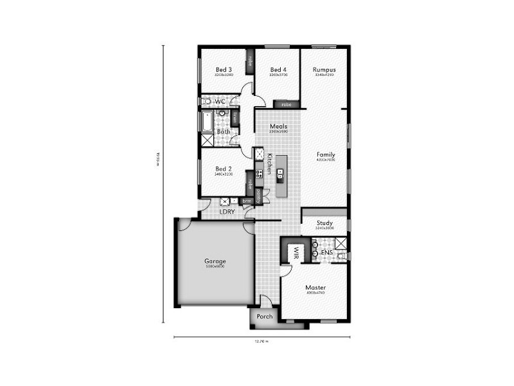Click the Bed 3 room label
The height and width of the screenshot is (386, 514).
[x=224, y=69]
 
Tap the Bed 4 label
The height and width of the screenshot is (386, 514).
[x=278, y=69]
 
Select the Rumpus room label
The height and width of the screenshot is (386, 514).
[x=324, y=69]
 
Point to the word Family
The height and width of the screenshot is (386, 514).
[x=326, y=154]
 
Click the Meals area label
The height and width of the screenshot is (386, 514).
[x=278, y=126]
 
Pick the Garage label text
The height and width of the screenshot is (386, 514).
[x=215, y=261]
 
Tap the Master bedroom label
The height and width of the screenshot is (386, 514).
[x=315, y=288]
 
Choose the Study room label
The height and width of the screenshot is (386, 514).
[x=324, y=223]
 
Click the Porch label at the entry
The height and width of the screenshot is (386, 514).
[x=264, y=316]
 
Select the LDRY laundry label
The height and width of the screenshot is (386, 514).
[x=227, y=211]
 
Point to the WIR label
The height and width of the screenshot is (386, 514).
[x=297, y=252]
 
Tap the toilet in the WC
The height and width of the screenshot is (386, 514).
[x=206, y=102]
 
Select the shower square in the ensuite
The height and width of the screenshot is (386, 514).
[x=341, y=243]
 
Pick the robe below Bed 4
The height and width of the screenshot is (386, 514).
[x=286, y=104]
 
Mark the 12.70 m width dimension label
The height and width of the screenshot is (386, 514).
[x=260, y=341]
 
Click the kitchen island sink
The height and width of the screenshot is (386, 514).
[x=281, y=172]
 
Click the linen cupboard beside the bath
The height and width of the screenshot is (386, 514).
[x=236, y=118]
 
